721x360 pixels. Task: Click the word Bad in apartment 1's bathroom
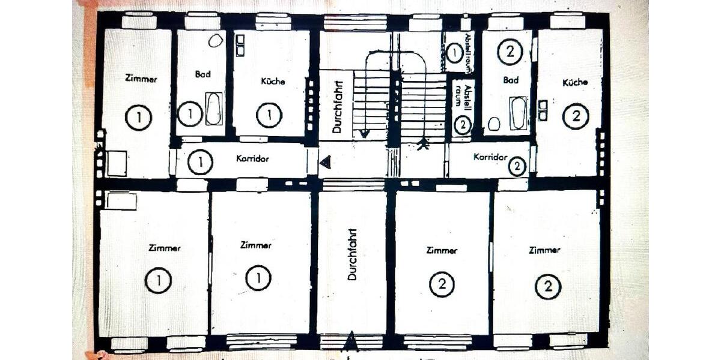coord(203,75)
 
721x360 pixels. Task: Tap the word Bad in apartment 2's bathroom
coord(511,80)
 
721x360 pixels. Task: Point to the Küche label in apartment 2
coord(575,82)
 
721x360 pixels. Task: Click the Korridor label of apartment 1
coord(252,160)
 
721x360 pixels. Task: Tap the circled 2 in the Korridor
coord(517,166)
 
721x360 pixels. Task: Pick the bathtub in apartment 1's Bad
coord(213,109)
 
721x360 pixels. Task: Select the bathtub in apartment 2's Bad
coord(519,113)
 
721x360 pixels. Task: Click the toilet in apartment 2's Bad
coord(494,124)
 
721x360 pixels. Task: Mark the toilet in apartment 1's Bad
coord(215,41)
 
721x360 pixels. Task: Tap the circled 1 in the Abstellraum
coord(455,53)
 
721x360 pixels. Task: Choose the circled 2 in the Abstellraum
coord(462,125)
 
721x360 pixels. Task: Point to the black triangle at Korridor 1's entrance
coord(325,161)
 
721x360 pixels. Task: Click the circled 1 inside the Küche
coord(269,115)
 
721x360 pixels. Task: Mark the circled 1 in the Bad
coord(190,113)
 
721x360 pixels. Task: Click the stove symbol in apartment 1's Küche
coord(240,46)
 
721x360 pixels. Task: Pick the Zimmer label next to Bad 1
coord(141,78)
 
